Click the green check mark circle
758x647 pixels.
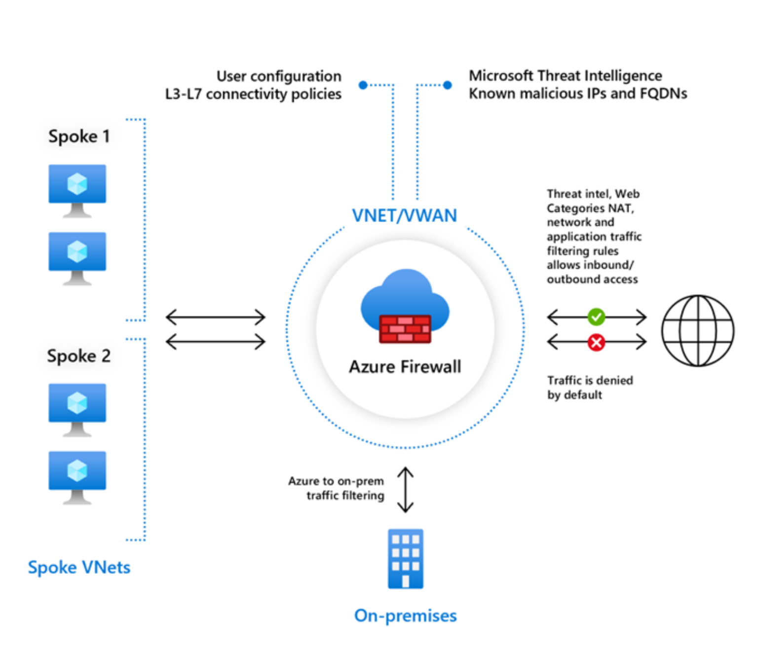[x=596, y=317]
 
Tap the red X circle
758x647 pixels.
[x=596, y=342]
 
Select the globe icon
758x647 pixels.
[x=697, y=330]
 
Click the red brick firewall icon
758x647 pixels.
[x=405, y=329]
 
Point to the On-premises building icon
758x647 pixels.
[x=405, y=559]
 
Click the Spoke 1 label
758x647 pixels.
[x=79, y=136]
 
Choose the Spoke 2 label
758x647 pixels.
[x=79, y=356]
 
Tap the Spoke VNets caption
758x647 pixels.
[x=79, y=567]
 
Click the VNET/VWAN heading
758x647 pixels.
[x=404, y=216]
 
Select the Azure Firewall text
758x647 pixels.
[x=405, y=367]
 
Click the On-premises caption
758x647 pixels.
[x=405, y=615]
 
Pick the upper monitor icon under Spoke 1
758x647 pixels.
[x=77, y=190]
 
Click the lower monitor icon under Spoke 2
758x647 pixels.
[x=77, y=476]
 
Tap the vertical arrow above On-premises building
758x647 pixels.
[x=405, y=490]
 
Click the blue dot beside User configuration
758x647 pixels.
[x=363, y=85]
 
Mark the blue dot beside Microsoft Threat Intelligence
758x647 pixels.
[x=448, y=85]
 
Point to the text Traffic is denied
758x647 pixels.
[x=590, y=380]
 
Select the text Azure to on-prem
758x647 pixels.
[x=336, y=481]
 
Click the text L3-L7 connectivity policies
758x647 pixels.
[x=253, y=94]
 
